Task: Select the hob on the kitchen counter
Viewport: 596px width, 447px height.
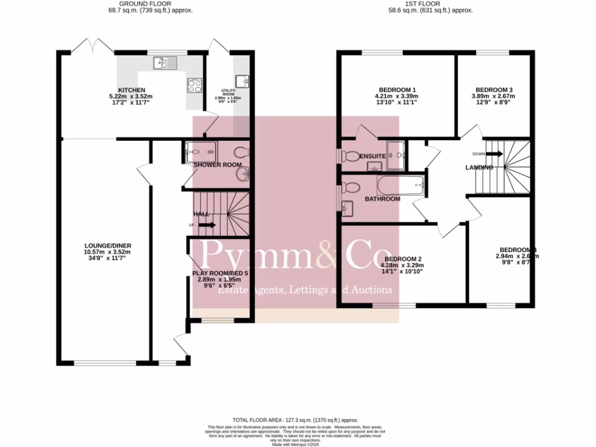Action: point(194,85)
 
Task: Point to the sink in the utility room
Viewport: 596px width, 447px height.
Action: point(242,80)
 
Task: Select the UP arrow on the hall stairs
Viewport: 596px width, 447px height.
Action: point(206,225)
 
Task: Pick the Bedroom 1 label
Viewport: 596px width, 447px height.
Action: point(397,90)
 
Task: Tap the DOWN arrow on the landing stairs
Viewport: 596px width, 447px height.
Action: point(494,154)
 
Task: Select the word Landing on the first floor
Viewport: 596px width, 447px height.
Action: point(479,168)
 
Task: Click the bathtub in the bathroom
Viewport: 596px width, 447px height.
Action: point(401,186)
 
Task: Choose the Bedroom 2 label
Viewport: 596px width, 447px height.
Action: point(403,259)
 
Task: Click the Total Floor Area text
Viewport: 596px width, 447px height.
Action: point(295,420)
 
